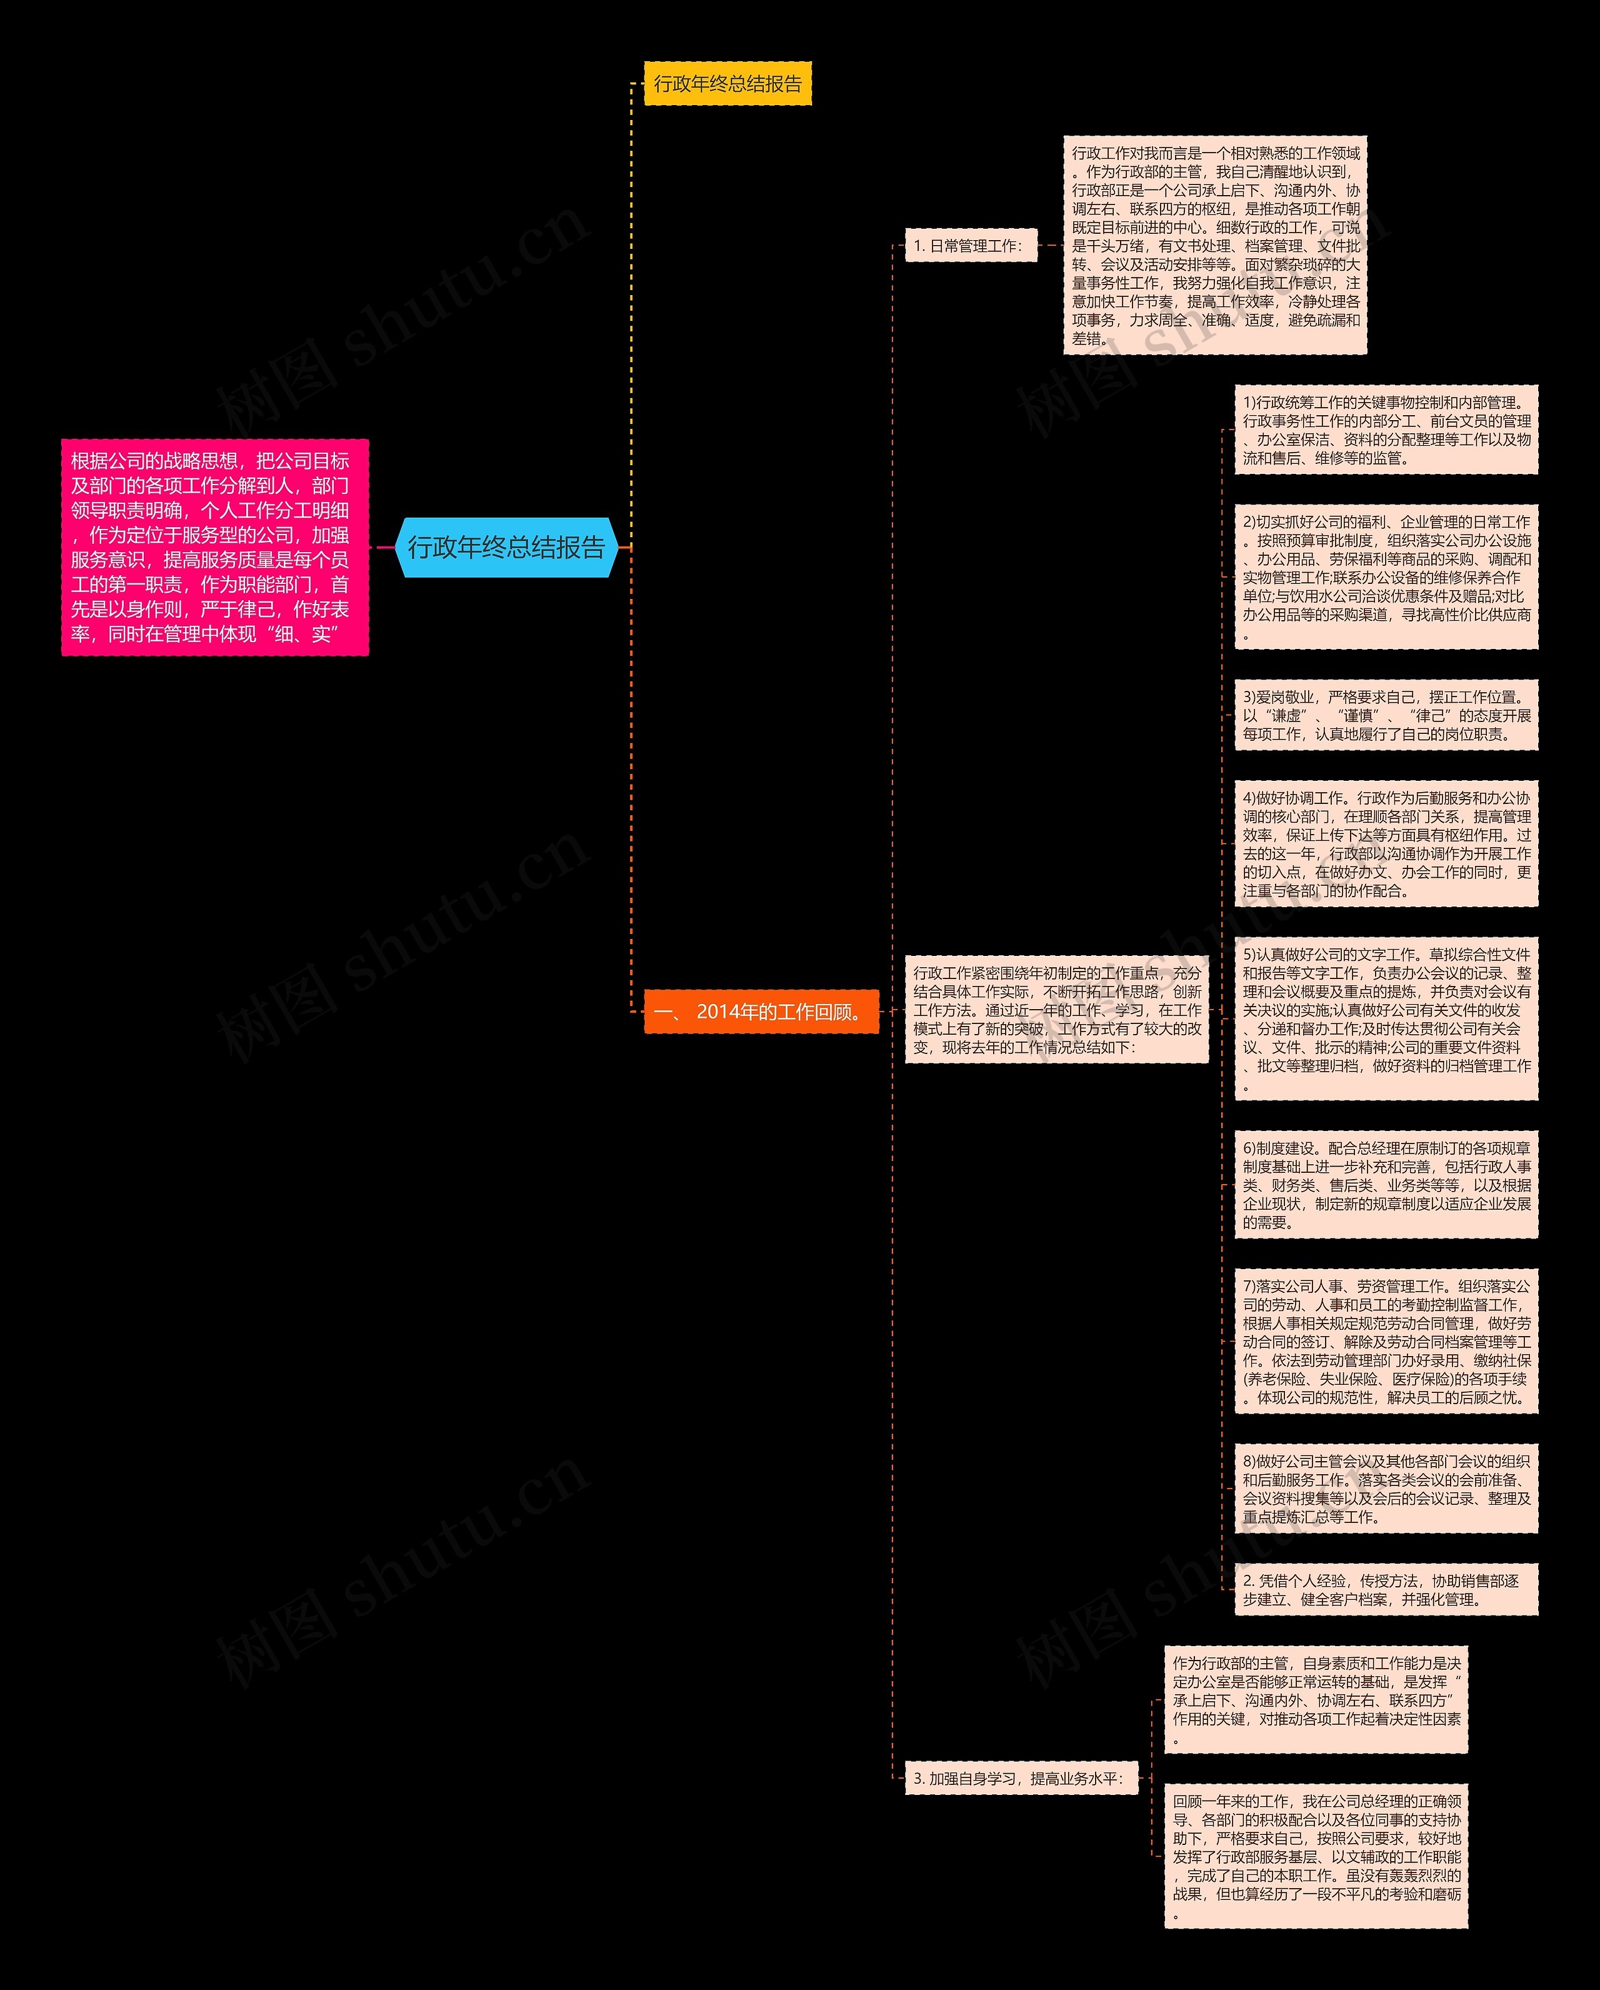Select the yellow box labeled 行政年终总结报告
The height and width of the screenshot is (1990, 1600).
click(x=727, y=84)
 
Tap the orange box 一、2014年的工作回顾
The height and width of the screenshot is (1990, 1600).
click(x=761, y=1012)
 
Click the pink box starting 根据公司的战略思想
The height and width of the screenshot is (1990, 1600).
click(x=215, y=547)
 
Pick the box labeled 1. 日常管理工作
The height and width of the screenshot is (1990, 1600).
click(x=970, y=246)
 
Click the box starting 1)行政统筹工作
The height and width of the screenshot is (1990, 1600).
click(x=1386, y=430)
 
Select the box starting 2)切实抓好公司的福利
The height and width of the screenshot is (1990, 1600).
click(x=1386, y=577)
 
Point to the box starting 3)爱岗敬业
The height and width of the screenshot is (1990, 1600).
click(x=1386, y=715)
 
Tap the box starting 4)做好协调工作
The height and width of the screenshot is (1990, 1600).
click(x=1386, y=843)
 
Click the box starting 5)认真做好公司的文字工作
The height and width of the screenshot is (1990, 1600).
click(x=1386, y=1019)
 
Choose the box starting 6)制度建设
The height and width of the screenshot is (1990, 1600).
click(x=1386, y=1185)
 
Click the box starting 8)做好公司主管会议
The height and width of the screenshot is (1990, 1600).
click(x=1386, y=1489)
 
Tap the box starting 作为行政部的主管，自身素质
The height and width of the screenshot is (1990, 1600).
click(x=1315, y=1700)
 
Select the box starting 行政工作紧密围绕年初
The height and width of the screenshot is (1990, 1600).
click(x=1056, y=1010)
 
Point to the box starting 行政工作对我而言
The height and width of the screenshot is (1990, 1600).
click(x=1214, y=246)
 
